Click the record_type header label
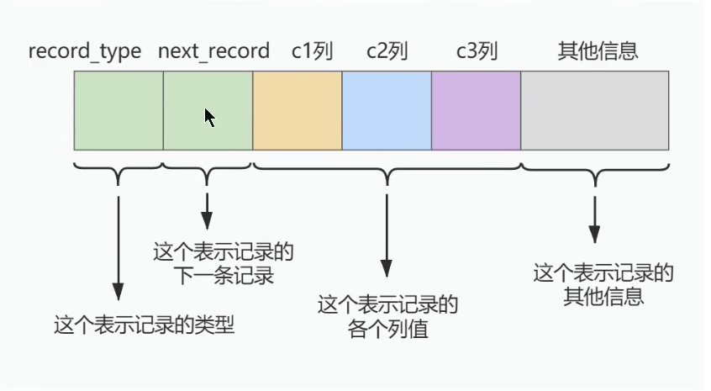click(85, 51)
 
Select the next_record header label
click(213, 51)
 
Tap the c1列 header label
click(313, 51)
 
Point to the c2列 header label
click(387, 51)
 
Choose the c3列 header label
click(477, 51)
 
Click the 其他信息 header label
click(598, 51)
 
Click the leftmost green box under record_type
click(118, 110)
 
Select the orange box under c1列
click(297, 110)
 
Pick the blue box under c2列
click(387, 110)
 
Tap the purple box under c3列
click(477, 110)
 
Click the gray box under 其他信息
click(595, 110)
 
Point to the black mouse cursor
click(209, 118)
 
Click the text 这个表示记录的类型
click(144, 325)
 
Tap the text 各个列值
click(387, 328)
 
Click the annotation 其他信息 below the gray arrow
click(603, 296)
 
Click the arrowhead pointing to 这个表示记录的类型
click(118, 292)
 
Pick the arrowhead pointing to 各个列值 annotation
click(387, 269)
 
